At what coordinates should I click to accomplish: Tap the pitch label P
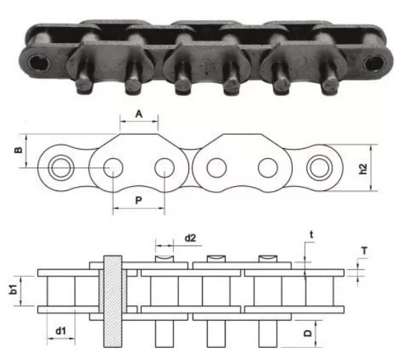137,201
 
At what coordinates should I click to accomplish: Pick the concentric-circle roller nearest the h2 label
319,169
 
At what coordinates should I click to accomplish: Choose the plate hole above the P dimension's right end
164,169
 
